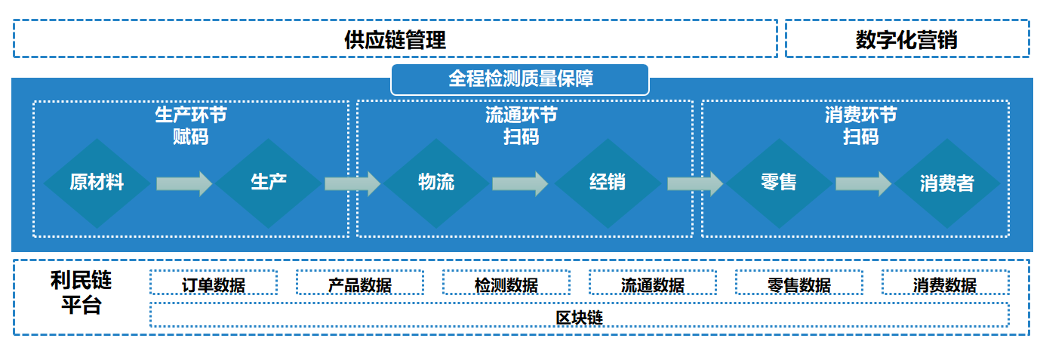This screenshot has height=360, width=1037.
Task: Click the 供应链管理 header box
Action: coord(395,39)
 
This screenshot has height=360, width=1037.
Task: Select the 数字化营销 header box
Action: coord(906,39)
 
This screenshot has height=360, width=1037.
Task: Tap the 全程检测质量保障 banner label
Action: coord(519,79)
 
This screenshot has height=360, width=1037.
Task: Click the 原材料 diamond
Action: coord(97,183)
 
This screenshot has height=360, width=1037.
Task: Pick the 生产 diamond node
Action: coord(269,183)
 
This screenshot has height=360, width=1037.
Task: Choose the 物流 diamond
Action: coord(436,183)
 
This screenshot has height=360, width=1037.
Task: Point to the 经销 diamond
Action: coord(608,183)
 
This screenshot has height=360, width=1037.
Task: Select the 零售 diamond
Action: coord(778,183)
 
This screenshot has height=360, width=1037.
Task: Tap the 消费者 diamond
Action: coord(946,183)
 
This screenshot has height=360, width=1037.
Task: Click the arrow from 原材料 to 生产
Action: coord(184,183)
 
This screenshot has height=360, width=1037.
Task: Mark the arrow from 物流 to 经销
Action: coord(520,183)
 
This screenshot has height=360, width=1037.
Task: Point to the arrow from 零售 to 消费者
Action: coord(863,183)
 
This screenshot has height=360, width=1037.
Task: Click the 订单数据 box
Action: coord(214,284)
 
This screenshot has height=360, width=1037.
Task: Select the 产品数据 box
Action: coord(360,284)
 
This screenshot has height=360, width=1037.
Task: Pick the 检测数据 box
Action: coord(506,284)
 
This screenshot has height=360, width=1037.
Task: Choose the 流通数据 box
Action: coord(653,284)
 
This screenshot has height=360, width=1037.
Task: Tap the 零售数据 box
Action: coord(799,284)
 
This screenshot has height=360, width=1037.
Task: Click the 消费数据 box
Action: coord(945,284)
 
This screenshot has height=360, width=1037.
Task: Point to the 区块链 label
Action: coord(579,317)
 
